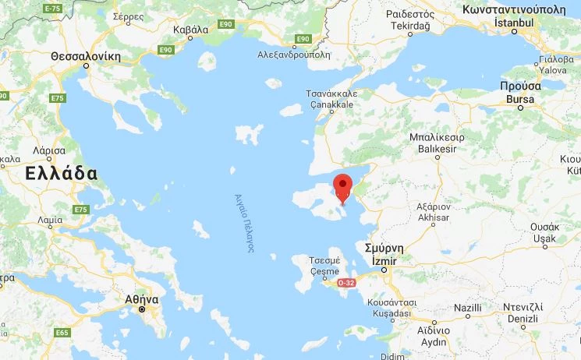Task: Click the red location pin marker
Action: point(342,188)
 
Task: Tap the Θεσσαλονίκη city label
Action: point(86,57)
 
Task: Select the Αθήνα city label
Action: point(142,299)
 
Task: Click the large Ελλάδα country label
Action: point(61,173)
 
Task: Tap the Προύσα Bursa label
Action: point(520,93)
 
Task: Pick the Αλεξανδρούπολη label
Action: point(294,55)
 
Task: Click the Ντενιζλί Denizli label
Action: point(523,313)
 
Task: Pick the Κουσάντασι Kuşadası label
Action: point(391,306)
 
